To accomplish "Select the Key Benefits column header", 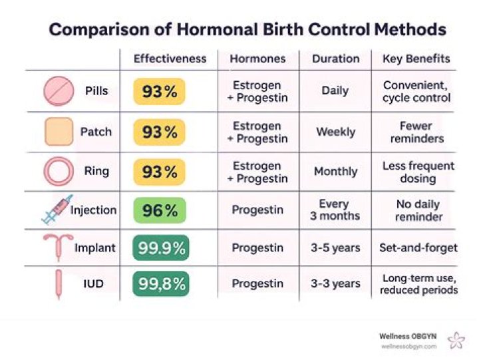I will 416,59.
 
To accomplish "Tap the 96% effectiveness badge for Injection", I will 160,210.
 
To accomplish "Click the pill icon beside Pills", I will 59,91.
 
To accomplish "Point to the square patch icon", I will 59,132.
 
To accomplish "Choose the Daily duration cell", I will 335,91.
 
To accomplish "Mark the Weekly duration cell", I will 335,132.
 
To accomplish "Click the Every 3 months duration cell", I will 335,210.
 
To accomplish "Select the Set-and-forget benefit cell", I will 417,248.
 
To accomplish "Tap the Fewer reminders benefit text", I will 416,132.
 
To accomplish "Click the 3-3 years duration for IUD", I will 335,284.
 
